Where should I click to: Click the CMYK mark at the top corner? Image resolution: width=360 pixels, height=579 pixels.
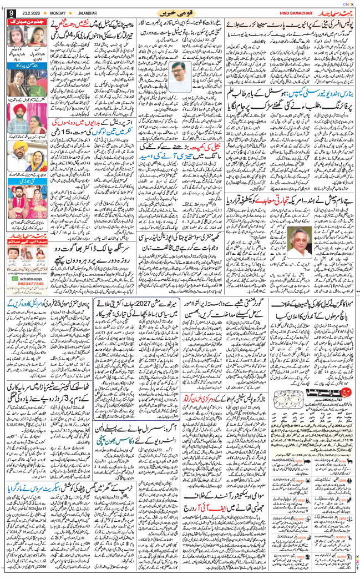348,3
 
